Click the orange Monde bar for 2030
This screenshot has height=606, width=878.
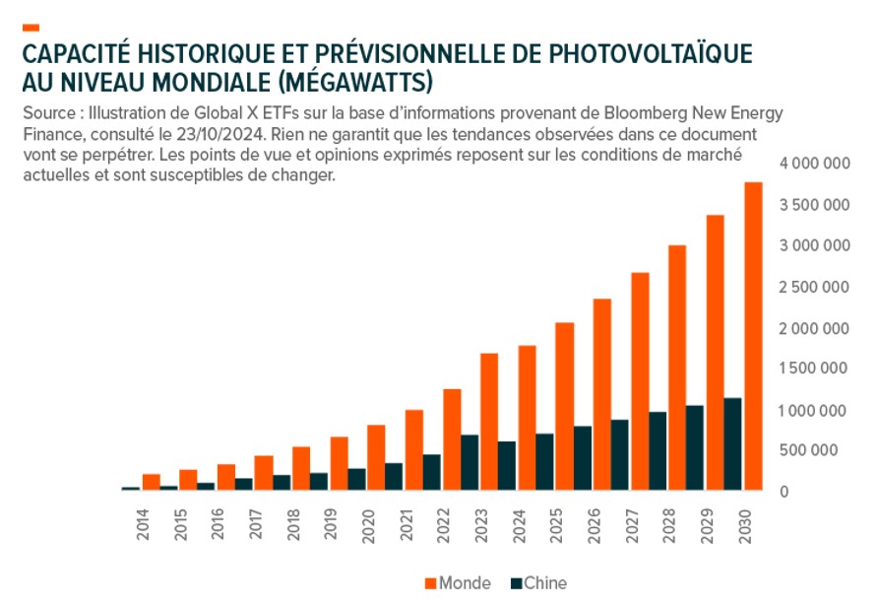753,336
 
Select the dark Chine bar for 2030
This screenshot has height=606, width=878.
733,443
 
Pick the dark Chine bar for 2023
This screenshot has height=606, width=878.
470,462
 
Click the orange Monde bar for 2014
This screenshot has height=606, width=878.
151,482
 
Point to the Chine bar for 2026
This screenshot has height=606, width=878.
583,458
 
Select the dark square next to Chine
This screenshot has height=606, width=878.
517,582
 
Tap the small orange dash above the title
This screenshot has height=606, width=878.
30,27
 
